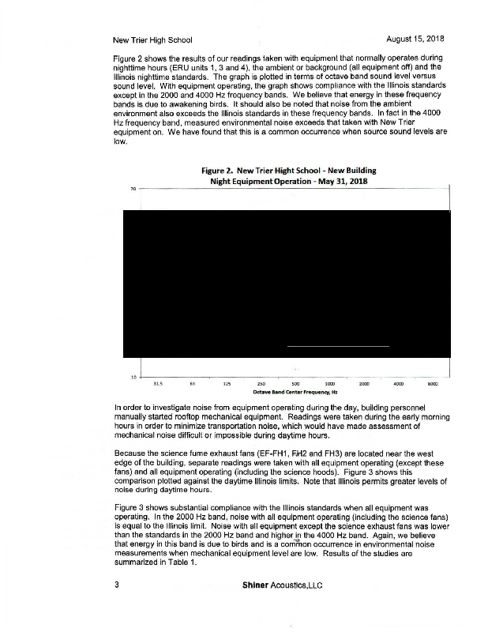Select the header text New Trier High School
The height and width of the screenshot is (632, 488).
152,39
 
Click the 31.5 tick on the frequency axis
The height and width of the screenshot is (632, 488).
158,383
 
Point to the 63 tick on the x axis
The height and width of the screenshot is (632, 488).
193,383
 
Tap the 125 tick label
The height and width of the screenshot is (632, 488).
227,383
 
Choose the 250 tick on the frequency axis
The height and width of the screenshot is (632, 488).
261,383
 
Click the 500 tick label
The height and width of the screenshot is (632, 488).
295,383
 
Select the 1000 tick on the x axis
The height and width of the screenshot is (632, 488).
329,383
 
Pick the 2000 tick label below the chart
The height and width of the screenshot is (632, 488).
364,383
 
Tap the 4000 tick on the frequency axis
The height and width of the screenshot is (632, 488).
399,383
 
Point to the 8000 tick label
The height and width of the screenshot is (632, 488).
433,383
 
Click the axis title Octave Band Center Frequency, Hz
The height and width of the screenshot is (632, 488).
295,391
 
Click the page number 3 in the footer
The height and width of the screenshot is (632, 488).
116,585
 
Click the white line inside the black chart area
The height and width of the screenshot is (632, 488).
338,346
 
